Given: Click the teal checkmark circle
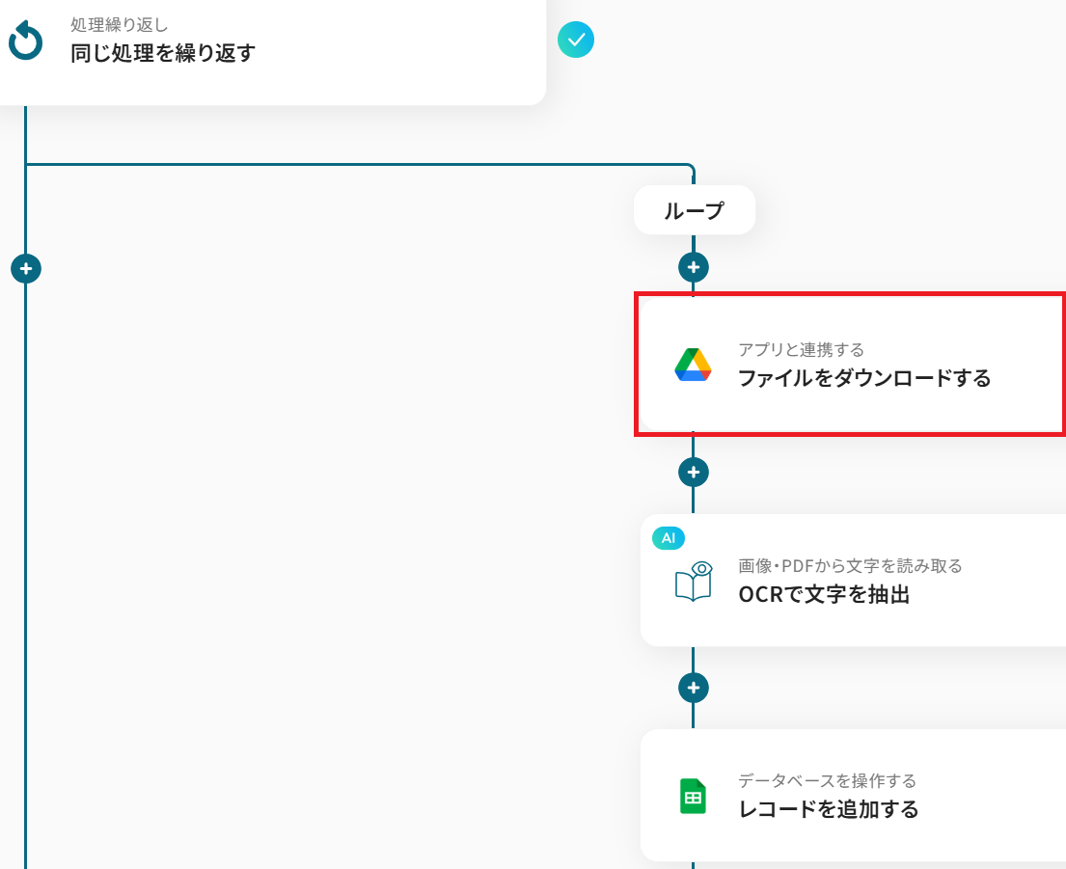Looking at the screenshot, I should (576, 40).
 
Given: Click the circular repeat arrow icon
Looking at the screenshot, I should (25, 41).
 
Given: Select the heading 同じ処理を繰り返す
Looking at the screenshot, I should (163, 52).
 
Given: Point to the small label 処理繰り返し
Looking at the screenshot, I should (119, 24).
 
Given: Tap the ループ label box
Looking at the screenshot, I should (694, 210).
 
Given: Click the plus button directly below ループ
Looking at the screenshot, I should (694, 267).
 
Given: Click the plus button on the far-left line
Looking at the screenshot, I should (26, 268).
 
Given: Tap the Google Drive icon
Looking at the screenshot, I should (693, 366).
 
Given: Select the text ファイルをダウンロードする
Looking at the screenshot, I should (864, 378).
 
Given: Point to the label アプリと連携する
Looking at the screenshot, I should (801, 349).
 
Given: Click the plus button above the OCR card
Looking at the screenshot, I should (694, 472).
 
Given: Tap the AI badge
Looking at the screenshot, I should (669, 538).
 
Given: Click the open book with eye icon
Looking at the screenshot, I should (694, 583).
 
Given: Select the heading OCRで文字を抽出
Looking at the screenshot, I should (824, 594).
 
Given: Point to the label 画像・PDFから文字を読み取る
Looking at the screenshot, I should (850, 566).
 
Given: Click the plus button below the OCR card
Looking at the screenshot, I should (694, 688).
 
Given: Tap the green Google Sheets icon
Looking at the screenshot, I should (693, 797).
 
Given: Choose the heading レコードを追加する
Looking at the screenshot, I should (828, 809).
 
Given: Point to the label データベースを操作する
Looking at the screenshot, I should (827, 780).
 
